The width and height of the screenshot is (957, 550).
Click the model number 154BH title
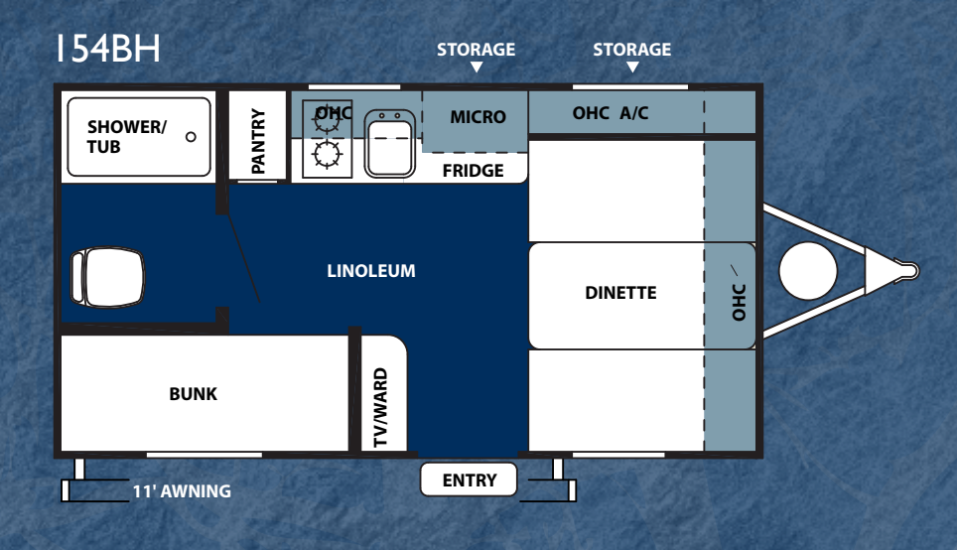click(108, 49)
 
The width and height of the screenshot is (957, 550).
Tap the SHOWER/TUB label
click(126, 137)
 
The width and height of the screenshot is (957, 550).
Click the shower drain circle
click(191, 137)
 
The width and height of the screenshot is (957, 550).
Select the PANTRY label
click(258, 141)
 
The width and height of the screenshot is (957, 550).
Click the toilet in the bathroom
click(108, 277)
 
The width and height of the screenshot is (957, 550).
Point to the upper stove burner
click(328, 120)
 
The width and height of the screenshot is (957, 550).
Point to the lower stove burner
click(328, 155)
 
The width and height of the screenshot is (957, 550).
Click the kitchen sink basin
click(390, 144)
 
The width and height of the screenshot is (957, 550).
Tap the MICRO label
click(478, 116)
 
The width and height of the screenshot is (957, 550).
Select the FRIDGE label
click(473, 171)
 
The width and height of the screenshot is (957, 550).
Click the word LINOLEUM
click(371, 271)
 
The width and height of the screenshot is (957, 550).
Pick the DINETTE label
click(620, 293)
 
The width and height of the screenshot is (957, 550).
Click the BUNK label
click(193, 394)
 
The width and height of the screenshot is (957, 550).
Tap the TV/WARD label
click(380, 407)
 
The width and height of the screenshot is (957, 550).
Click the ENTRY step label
click(470, 481)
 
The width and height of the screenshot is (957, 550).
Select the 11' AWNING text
click(182, 491)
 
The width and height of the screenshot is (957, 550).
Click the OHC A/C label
click(611, 113)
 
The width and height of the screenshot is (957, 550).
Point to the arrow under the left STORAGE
click(477, 68)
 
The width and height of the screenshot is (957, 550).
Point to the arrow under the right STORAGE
click(633, 68)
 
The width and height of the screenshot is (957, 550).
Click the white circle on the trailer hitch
click(808, 271)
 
